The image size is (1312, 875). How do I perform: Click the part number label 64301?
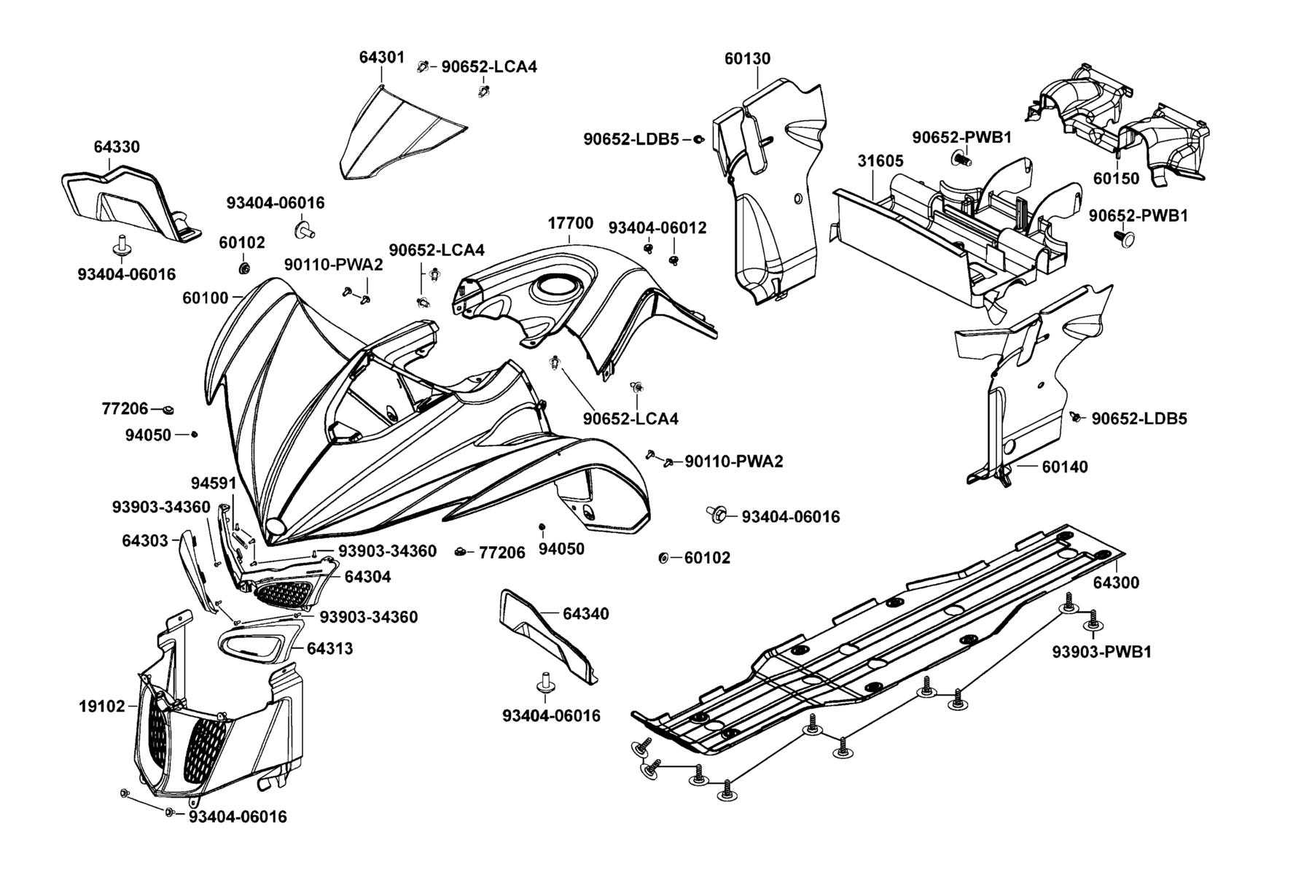(x=381, y=58)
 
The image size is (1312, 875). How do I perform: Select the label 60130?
(x=747, y=58)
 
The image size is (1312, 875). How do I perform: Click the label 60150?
(x=1116, y=179)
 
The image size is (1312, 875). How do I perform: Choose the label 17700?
(x=570, y=223)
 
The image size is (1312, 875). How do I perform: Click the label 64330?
(x=117, y=147)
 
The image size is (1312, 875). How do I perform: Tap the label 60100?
(x=205, y=297)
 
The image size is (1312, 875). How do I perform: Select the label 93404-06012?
(x=657, y=228)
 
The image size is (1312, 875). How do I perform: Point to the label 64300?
(x=1116, y=583)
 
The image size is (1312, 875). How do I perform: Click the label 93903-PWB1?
(x=1101, y=652)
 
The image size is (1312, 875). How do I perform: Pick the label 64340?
(x=586, y=614)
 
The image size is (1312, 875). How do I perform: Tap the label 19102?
(x=102, y=706)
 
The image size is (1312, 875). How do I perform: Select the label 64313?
(x=329, y=648)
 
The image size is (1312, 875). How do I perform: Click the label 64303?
(x=145, y=540)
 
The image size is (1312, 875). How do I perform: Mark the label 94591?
(x=214, y=483)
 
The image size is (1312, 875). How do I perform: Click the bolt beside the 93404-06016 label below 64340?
(x=544, y=682)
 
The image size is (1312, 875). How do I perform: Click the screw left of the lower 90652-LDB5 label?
(x=1076, y=416)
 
